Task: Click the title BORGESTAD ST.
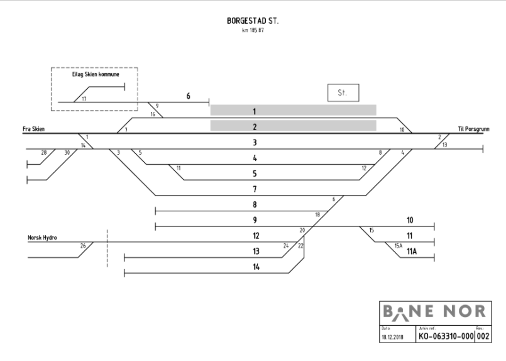[252, 21]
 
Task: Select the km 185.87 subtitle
[253, 30]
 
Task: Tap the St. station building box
[343, 92]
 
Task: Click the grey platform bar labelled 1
[294, 110]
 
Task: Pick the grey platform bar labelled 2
[294, 126]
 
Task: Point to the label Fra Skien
[33, 129]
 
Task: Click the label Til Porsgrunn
[473, 129]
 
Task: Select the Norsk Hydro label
[42, 238]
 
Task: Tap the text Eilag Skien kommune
[96, 74]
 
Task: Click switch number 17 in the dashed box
[84, 99]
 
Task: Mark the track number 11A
[412, 251]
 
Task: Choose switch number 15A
[399, 246]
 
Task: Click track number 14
[256, 267]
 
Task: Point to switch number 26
[83, 246]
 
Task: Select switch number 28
[44, 153]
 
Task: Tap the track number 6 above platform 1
[188, 96]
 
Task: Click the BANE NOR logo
[434, 312]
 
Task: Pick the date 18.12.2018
[392, 337]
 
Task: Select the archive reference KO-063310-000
[446, 336]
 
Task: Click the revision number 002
[483, 336]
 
